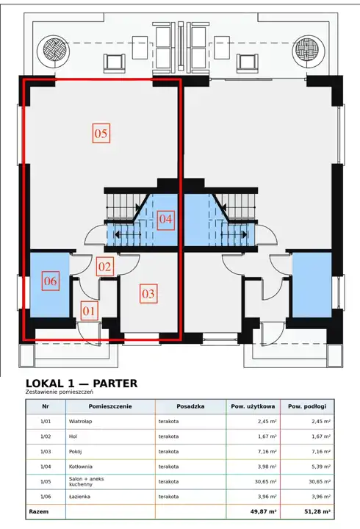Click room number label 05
pos(101,133)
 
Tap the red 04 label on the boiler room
pos(165,219)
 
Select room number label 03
pos(148,293)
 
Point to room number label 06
pos(51,281)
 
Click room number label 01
pos(89,311)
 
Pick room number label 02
pos(104,267)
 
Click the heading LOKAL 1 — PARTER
pos(82,384)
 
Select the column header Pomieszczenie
pos(110,406)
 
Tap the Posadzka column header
pos(190,406)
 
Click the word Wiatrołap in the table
pos(80,422)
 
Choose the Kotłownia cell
pos(80,467)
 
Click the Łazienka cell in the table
pos(79,497)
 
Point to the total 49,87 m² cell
pos(263,512)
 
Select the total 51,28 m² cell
pos(317,512)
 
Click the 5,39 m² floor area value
pos(321,467)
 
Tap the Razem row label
pos(38,512)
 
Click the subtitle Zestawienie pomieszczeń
pos(60,392)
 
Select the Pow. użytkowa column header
pos(253,406)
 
